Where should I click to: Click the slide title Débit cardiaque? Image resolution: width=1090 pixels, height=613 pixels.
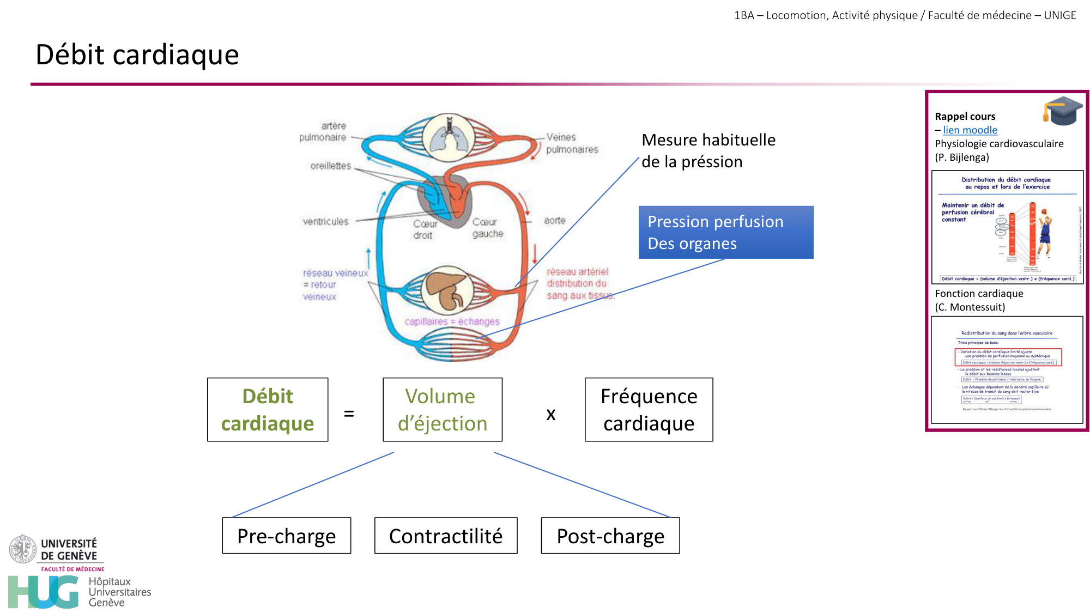pyautogui.click(x=137, y=55)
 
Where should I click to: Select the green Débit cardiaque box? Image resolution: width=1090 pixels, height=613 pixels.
pyautogui.click(x=268, y=410)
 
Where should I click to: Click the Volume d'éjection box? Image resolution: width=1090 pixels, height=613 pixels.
pyautogui.click(x=442, y=410)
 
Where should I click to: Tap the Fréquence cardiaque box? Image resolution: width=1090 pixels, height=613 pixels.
pyautogui.click(x=649, y=410)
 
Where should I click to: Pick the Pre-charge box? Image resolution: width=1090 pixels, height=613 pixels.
pyautogui.click(x=286, y=536)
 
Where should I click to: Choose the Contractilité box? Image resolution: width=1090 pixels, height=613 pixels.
pyautogui.click(x=446, y=536)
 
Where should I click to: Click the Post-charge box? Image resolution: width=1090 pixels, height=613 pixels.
pyautogui.click(x=610, y=536)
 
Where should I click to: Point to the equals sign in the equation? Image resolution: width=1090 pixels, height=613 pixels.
pyautogui.click(x=349, y=414)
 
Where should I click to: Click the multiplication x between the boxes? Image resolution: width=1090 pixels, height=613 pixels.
pyautogui.click(x=551, y=415)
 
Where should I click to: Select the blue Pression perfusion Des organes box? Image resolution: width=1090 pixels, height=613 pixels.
pyautogui.click(x=725, y=233)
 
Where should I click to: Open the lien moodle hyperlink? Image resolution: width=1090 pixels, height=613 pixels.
pyautogui.click(x=970, y=130)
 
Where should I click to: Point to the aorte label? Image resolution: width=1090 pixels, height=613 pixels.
pyautogui.click(x=554, y=221)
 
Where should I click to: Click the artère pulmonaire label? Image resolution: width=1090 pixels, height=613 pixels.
pyautogui.click(x=323, y=132)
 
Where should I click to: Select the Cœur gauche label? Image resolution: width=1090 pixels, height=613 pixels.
pyautogui.click(x=487, y=228)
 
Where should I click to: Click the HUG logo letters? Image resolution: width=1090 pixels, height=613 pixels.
pyautogui.click(x=44, y=592)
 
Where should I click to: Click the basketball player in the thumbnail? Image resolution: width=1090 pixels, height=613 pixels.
pyautogui.click(x=1044, y=234)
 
